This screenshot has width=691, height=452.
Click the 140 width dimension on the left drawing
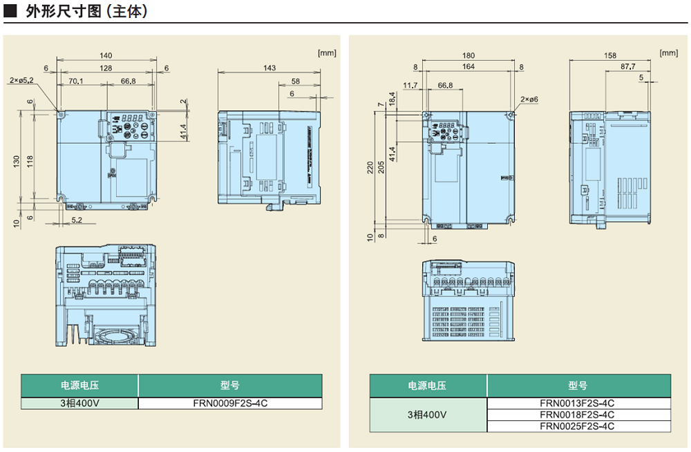click(x=106, y=55)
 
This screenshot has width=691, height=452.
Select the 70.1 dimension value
click(x=77, y=82)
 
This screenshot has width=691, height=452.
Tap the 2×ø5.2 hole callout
click(x=21, y=81)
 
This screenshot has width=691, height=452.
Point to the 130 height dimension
click(x=16, y=160)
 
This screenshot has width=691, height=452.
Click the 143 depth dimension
click(x=269, y=68)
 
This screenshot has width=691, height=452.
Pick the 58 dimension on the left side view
click(x=296, y=81)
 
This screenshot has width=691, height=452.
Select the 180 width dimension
click(x=468, y=55)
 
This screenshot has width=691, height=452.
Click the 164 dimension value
click(x=468, y=67)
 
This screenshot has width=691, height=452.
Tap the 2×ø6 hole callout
click(x=529, y=100)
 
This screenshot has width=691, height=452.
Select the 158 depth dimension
click(x=610, y=55)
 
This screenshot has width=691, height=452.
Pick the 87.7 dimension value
click(x=627, y=67)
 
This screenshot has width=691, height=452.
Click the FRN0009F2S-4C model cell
click(x=230, y=402)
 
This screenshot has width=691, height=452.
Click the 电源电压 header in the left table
click(x=79, y=386)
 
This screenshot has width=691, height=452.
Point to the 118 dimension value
click(x=30, y=160)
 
